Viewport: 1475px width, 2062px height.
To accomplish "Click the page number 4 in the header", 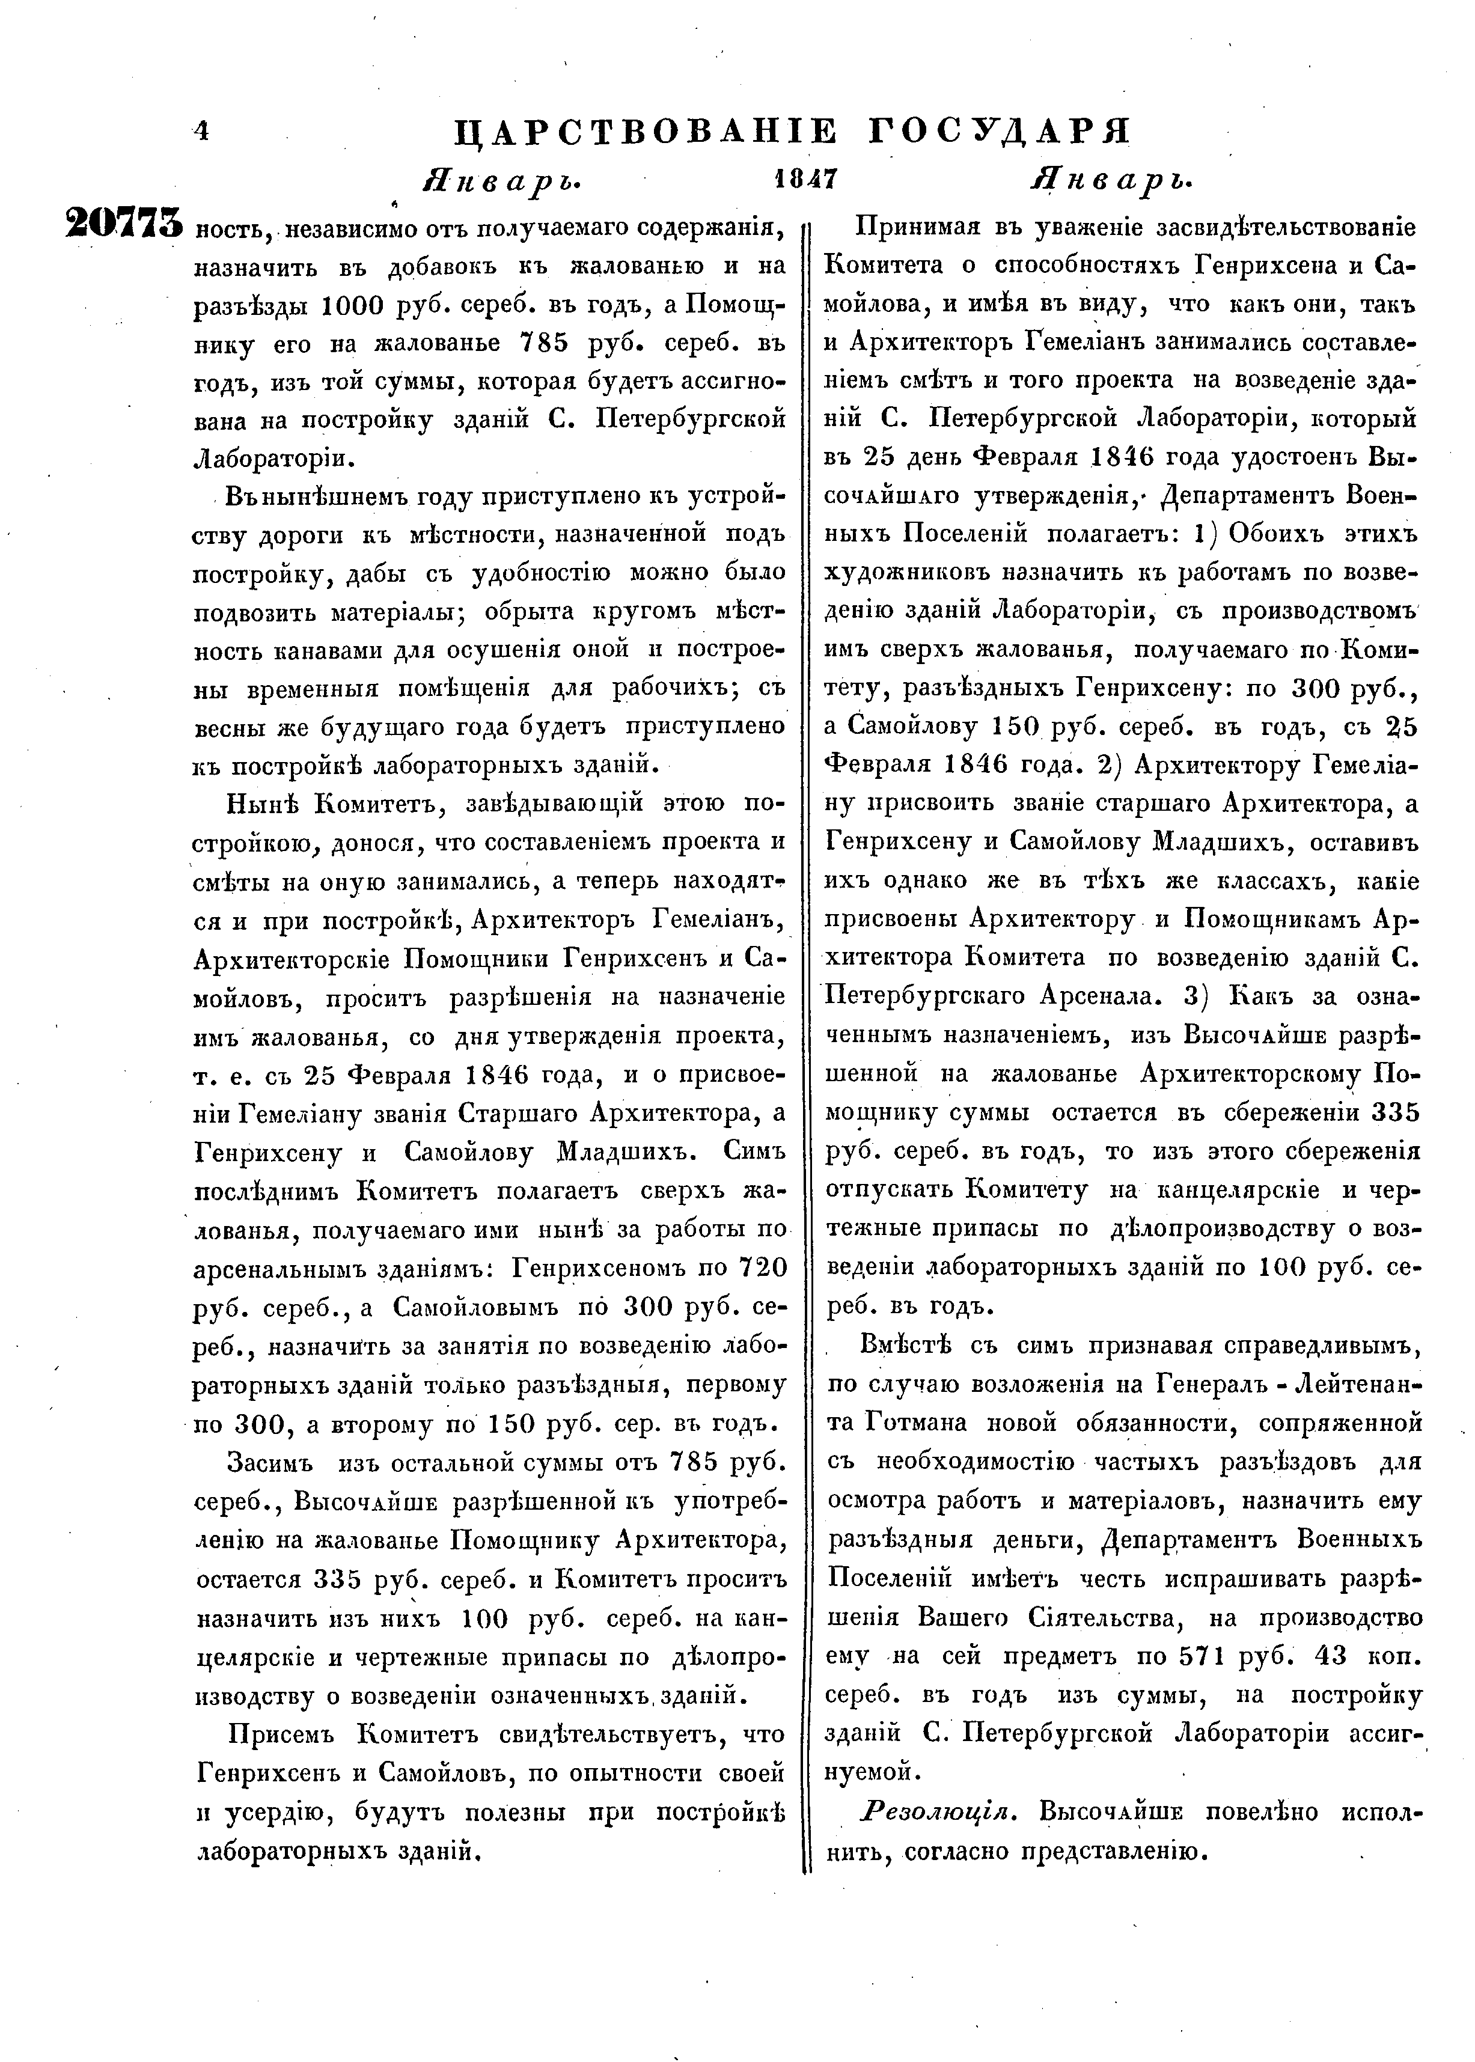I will (x=201, y=132).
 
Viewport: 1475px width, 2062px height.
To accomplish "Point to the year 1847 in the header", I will (x=805, y=179).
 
